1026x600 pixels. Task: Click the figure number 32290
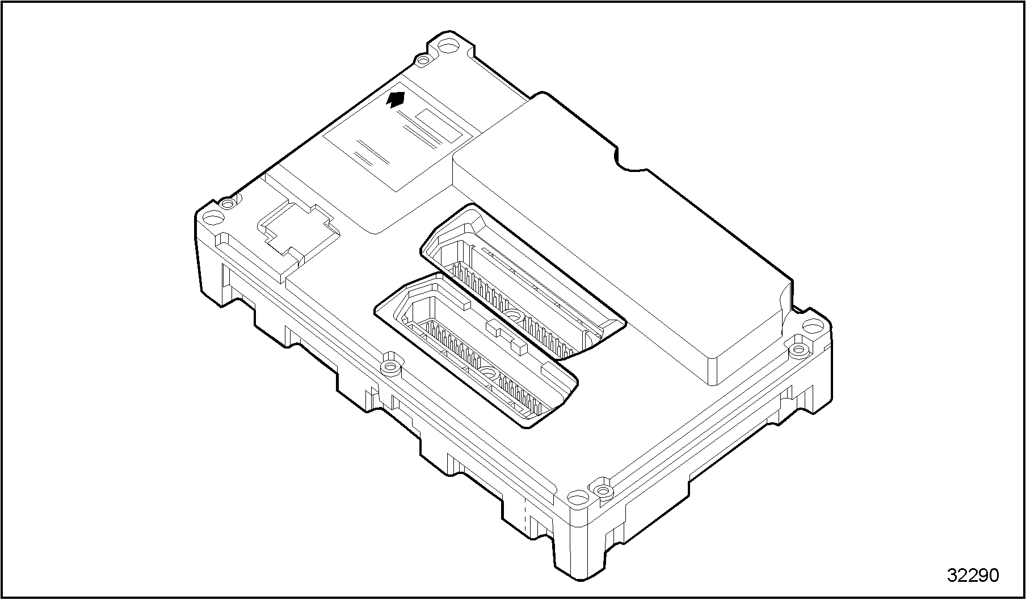[973, 574]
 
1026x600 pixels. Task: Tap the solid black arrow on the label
[396, 99]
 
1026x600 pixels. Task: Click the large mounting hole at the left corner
[214, 218]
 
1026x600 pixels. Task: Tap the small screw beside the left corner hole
[228, 203]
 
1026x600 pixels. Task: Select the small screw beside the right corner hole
[800, 349]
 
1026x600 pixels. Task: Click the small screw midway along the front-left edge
[389, 366]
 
